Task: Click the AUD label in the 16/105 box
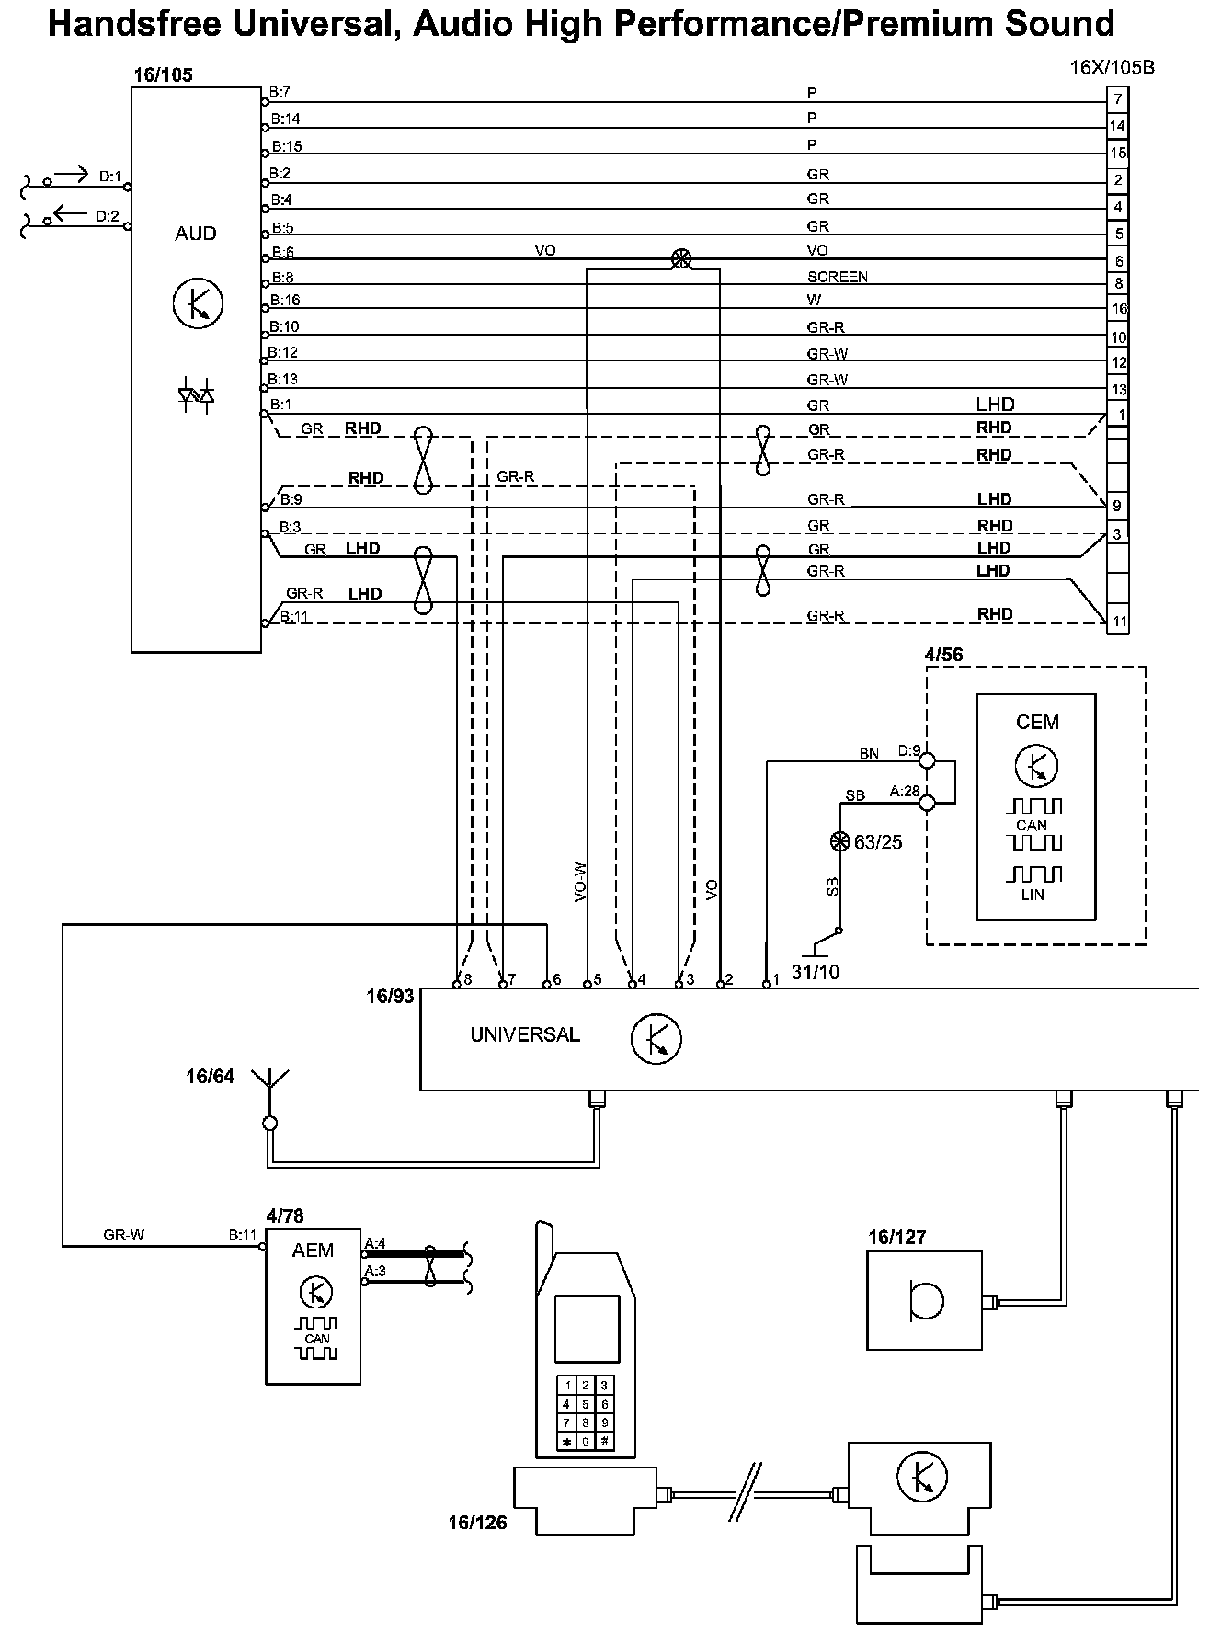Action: pyautogui.click(x=195, y=234)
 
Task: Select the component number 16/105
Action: pyautogui.click(x=164, y=74)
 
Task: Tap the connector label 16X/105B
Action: pyautogui.click(x=1112, y=68)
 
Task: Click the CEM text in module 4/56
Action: pyautogui.click(x=1037, y=722)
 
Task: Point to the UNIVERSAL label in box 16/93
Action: pyautogui.click(x=525, y=1034)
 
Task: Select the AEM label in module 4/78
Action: pyautogui.click(x=313, y=1250)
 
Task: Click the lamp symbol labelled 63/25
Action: pyautogui.click(x=839, y=840)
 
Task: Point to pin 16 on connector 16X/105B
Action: pyautogui.click(x=1118, y=310)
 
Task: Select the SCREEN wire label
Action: pyautogui.click(x=837, y=277)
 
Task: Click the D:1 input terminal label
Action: pyautogui.click(x=110, y=177)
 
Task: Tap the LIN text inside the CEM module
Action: pyautogui.click(x=1032, y=895)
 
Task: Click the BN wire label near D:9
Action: pyautogui.click(x=869, y=754)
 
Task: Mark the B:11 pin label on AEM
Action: pyautogui.click(x=243, y=1235)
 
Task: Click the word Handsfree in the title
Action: pyautogui.click(x=133, y=23)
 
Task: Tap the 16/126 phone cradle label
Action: pyautogui.click(x=477, y=1523)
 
